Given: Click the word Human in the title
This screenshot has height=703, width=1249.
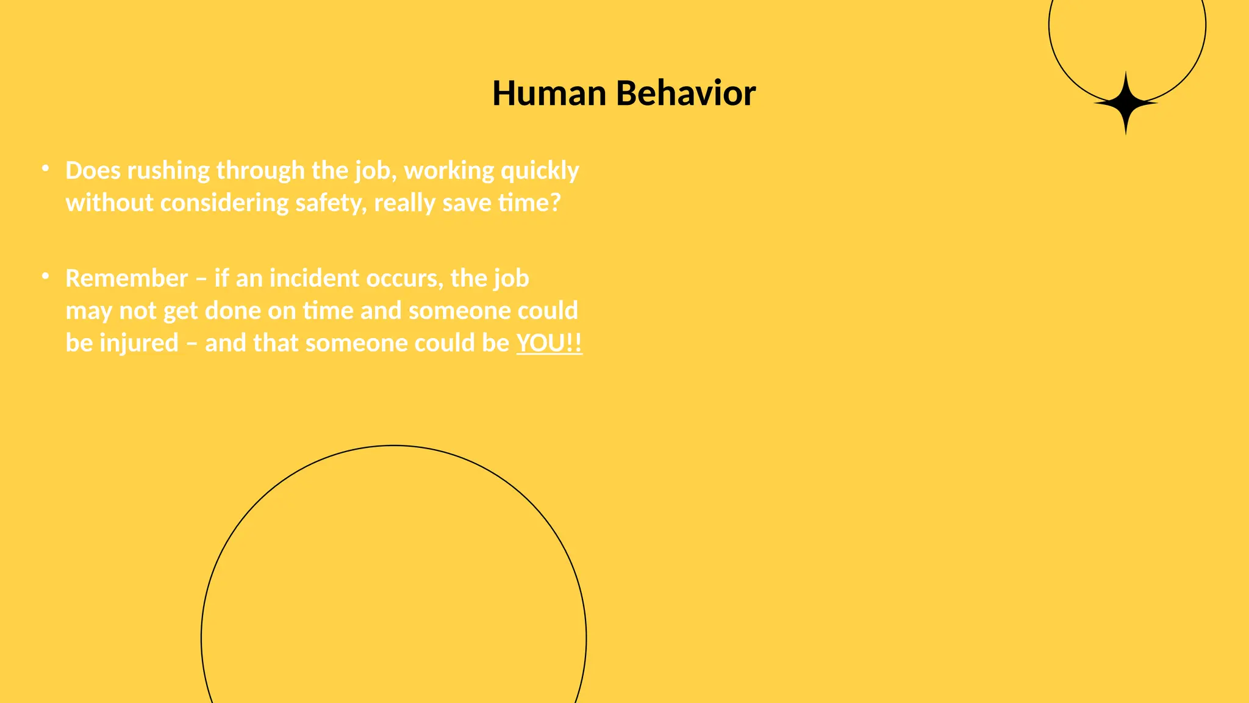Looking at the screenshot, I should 549,93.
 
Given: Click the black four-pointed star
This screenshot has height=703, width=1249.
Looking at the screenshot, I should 1126,104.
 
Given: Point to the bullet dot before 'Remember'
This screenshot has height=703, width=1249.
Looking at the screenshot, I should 45,276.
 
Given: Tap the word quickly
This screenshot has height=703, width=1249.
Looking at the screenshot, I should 540,171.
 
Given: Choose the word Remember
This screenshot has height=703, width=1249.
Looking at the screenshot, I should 126,278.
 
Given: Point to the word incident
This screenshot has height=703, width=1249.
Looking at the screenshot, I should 315,278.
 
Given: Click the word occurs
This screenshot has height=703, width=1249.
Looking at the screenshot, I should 404,278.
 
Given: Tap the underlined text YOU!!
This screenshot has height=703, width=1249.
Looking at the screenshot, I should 549,343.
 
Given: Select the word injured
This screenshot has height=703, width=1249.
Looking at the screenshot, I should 139,343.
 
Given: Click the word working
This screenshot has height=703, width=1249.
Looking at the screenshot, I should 449,171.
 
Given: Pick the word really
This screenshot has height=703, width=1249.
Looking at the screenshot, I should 404,203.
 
